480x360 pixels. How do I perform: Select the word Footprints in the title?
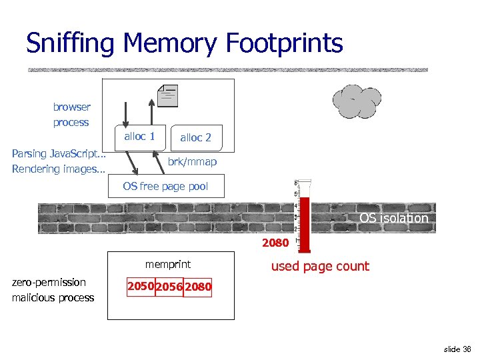(285, 44)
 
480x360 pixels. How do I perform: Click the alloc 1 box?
(139, 137)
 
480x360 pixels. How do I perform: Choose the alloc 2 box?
(195, 137)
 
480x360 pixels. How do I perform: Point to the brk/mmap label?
(192, 162)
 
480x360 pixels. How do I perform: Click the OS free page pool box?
(165, 186)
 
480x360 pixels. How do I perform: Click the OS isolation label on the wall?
(393, 218)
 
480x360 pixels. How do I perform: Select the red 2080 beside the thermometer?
(275, 243)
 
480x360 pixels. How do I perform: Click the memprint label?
(168, 265)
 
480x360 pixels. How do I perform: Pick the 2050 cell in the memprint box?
(141, 287)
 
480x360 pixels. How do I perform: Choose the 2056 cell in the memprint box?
(169, 287)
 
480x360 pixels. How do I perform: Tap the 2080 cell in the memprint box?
(198, 287)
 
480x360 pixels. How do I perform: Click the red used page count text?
(319, 266)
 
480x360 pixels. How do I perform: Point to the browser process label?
(71, 115)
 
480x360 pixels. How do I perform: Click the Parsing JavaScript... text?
(59, 153)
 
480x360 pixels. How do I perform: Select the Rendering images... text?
(59, 169)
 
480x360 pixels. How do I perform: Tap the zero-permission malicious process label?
(53, 290)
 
